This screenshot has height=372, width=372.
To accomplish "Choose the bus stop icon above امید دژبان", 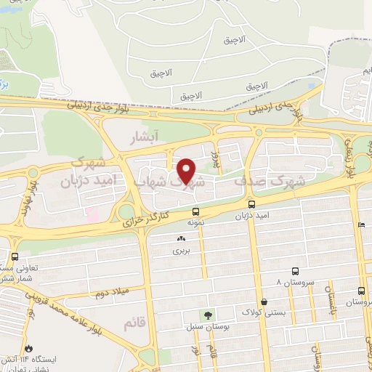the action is pos(251,205).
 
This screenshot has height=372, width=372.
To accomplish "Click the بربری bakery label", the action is pos(179,251).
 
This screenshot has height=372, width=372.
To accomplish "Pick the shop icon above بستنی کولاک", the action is pos(262,302).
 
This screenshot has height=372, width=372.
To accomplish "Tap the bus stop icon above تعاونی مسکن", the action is pos(15,256).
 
